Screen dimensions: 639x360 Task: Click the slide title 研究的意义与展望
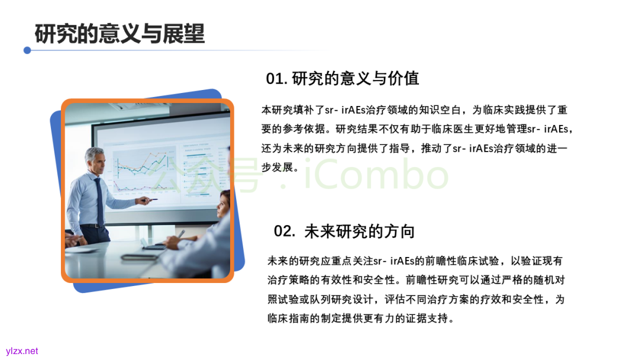pyautogui.click(x=120, y=33)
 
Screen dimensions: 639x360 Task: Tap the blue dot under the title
pyautogui.click(x=27, y=50)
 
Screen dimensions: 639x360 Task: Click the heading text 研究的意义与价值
pyautogui.click(x=356, y=78)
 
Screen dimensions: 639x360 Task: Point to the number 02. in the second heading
pyautogui.click(x=284, y=231)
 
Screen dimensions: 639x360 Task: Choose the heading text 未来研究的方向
pyautogui.click(x=360, y=231)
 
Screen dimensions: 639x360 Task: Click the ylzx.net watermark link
pyautogui.click(x=22, y=351)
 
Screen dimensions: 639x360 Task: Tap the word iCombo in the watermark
pyautogui.click(x=376, y=175)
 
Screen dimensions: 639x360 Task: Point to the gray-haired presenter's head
pyautogui.click(x=95, y=160)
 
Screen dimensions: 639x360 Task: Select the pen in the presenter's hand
pyautogui.click(x=150, y=200)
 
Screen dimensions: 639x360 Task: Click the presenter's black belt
pyautogui.click(x=92, y=226)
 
